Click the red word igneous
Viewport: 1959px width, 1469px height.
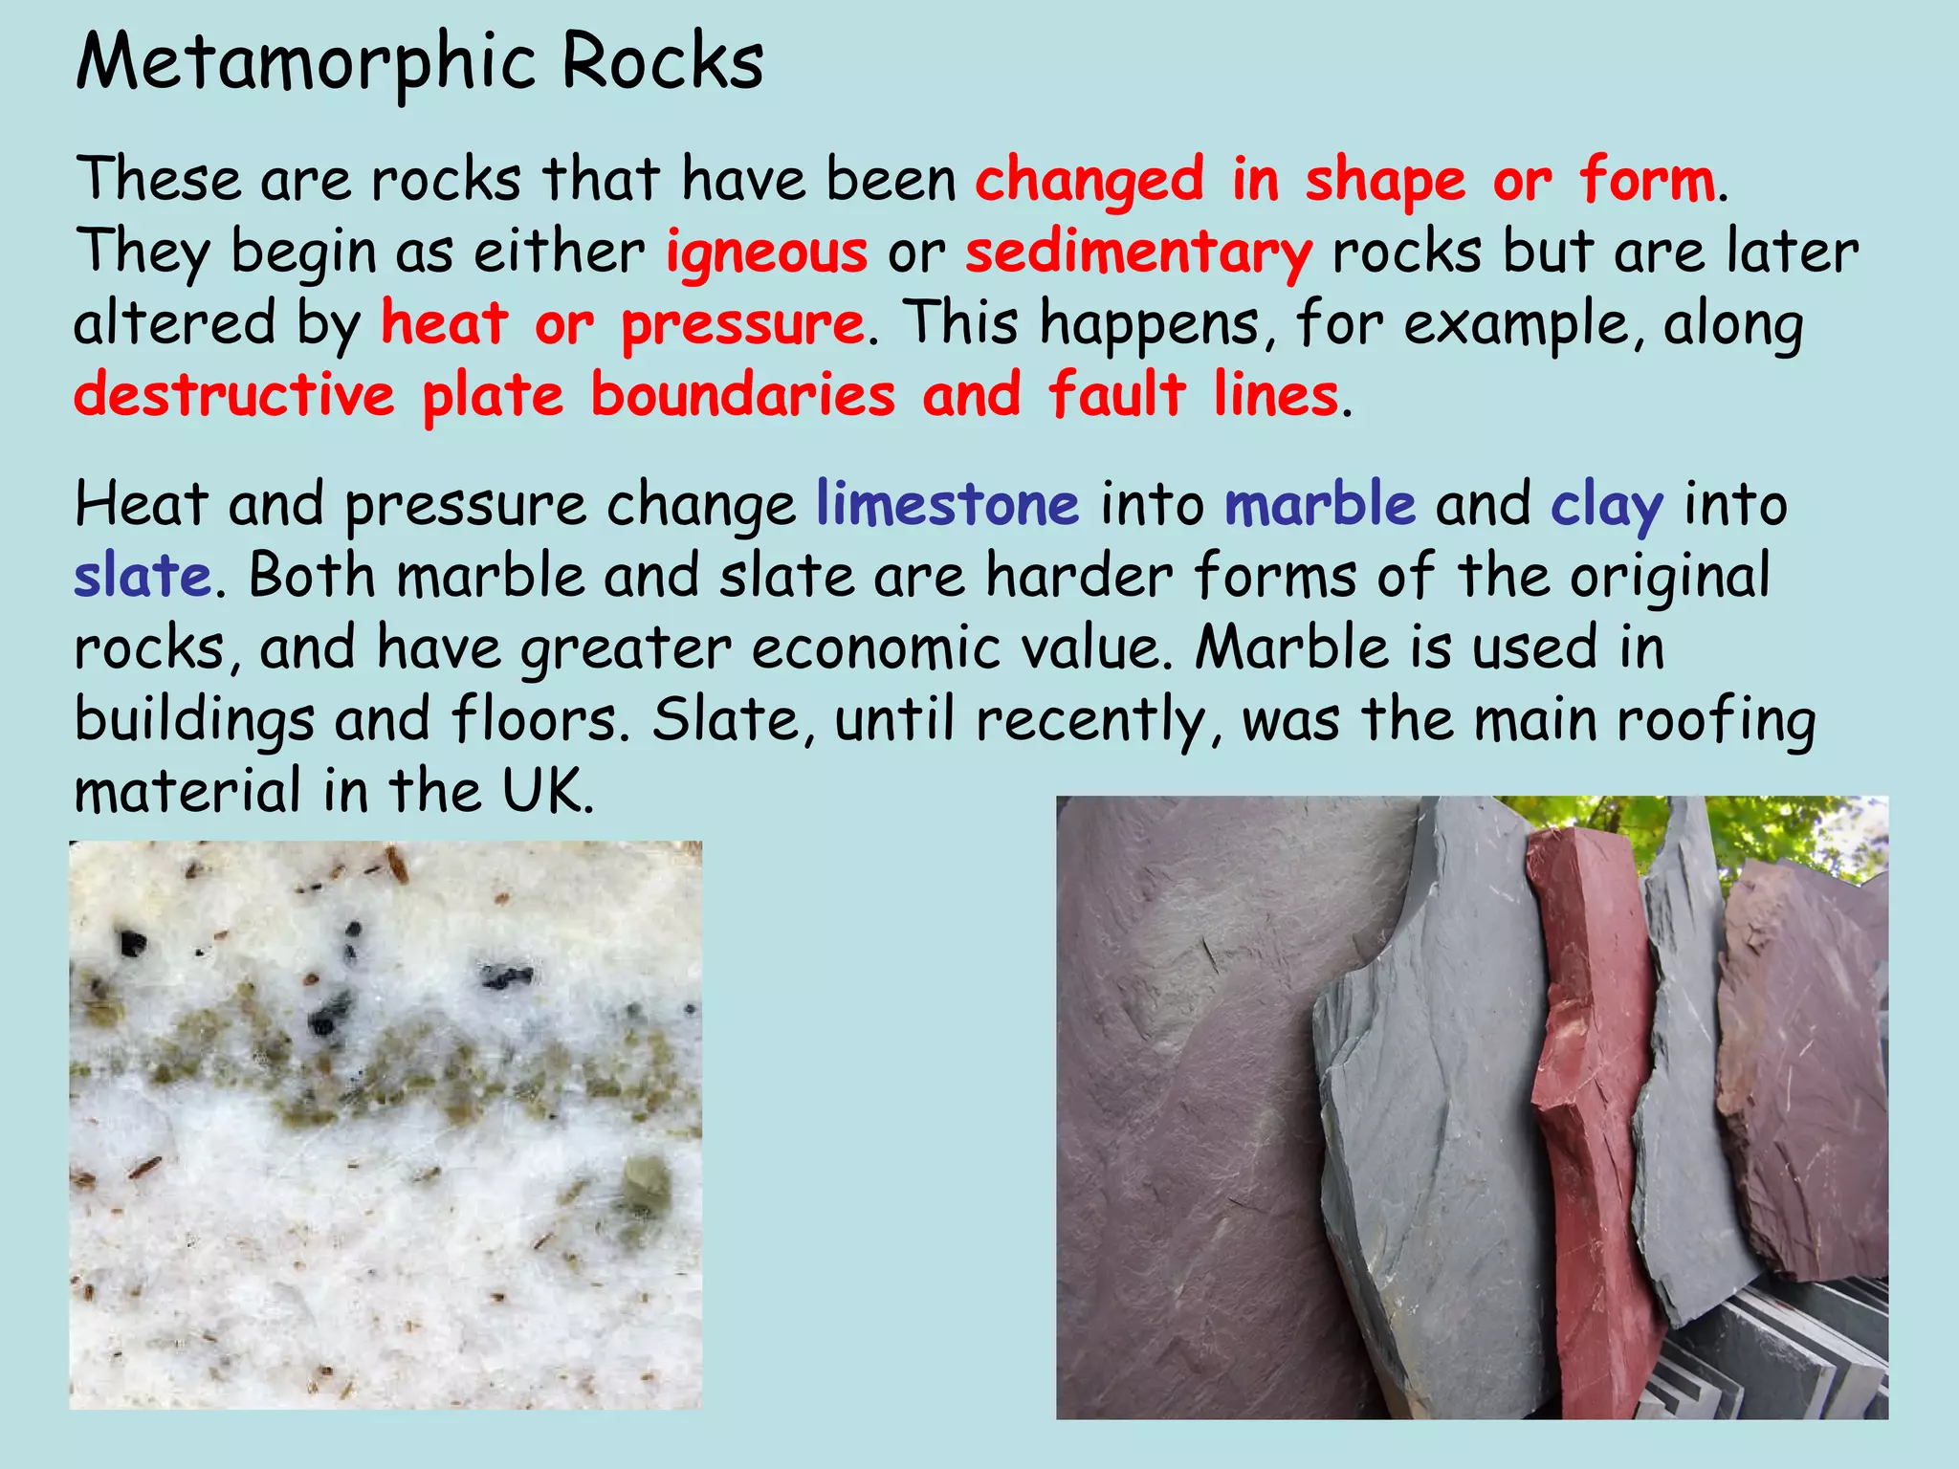pos(766,252)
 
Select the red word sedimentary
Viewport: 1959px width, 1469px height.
pos(1138,252)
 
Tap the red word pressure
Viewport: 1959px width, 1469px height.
pos(742,325)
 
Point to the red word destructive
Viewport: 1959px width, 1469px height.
pos(234,395)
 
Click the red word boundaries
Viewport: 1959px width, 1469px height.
pos(743,395)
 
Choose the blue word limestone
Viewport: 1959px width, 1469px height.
pos(947,504)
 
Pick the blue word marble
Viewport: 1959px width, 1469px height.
pos(1320,504)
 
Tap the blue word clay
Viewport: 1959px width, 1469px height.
pos(1607,504)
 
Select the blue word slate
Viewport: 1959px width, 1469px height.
pos(143,576)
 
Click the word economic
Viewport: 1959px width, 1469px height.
pos(875,648)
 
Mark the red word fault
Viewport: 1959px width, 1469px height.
pos(1117,395)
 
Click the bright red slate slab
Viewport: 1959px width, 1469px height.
pos(1593,1100)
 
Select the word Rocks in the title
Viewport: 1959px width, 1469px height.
pos(662,63)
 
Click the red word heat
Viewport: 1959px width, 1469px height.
pos(444,325)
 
